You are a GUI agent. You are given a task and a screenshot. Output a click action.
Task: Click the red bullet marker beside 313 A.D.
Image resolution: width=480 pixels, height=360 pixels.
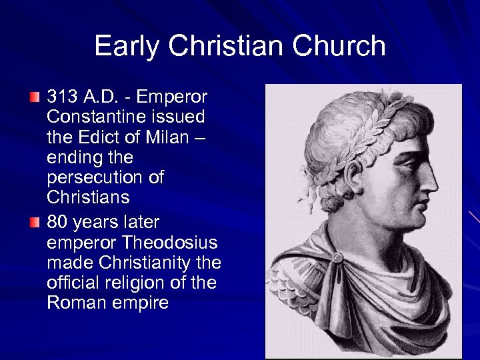[35, 98]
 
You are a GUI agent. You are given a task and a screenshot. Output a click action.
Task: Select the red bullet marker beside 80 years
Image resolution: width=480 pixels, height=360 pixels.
[35, 221]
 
